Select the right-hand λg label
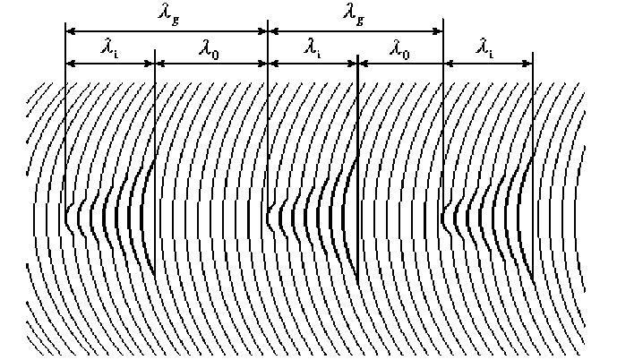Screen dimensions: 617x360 pyautogui.click(x=351, y=13)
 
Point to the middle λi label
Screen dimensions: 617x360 pyautogui.click(x=313, y=51)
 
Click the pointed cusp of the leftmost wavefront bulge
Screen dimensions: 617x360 pyautogui.click(x=66, y=216)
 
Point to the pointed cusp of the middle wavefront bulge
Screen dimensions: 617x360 pyautogui.click(x=269, y=216)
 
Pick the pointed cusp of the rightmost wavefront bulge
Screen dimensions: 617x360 pyautogui.click(x=443, y=216)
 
